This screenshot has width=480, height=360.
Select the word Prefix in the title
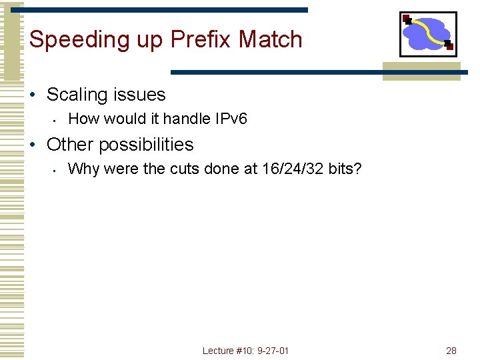tap(202, 40)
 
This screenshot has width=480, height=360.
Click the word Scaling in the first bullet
tap(77, 95)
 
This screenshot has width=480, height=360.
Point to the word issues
tap(139, 95)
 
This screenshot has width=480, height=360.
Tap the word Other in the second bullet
tap(67, 144)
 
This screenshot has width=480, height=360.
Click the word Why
tap(81, 169)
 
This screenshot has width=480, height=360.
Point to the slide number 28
tap(451, 351)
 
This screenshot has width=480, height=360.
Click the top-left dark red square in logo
tap(405, 18)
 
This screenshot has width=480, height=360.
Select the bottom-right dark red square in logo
tap(449, 45)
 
